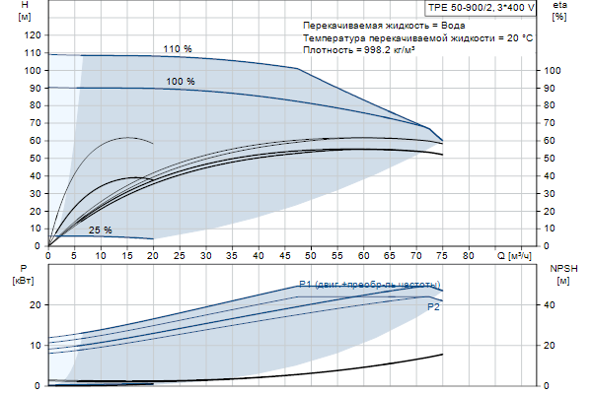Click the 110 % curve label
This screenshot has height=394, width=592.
pyautogui.click(x=178, y=48)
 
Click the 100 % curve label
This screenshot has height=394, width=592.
pyautogui.click(x=181, y=82)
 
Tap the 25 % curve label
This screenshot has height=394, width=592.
pyautogui.click(x=101, y=230)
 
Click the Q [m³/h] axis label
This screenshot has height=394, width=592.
pyautogui.click(x=519, y=256)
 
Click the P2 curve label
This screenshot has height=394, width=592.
pyautogui.click(x=434, y=307)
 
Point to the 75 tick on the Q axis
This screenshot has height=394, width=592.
pyautogui.click(x=443, y=255)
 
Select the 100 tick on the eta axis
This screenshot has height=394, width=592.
pyautogui.click(x=553, y=71)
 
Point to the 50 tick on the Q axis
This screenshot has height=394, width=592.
pyautogui.click(x=312, y=255)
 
